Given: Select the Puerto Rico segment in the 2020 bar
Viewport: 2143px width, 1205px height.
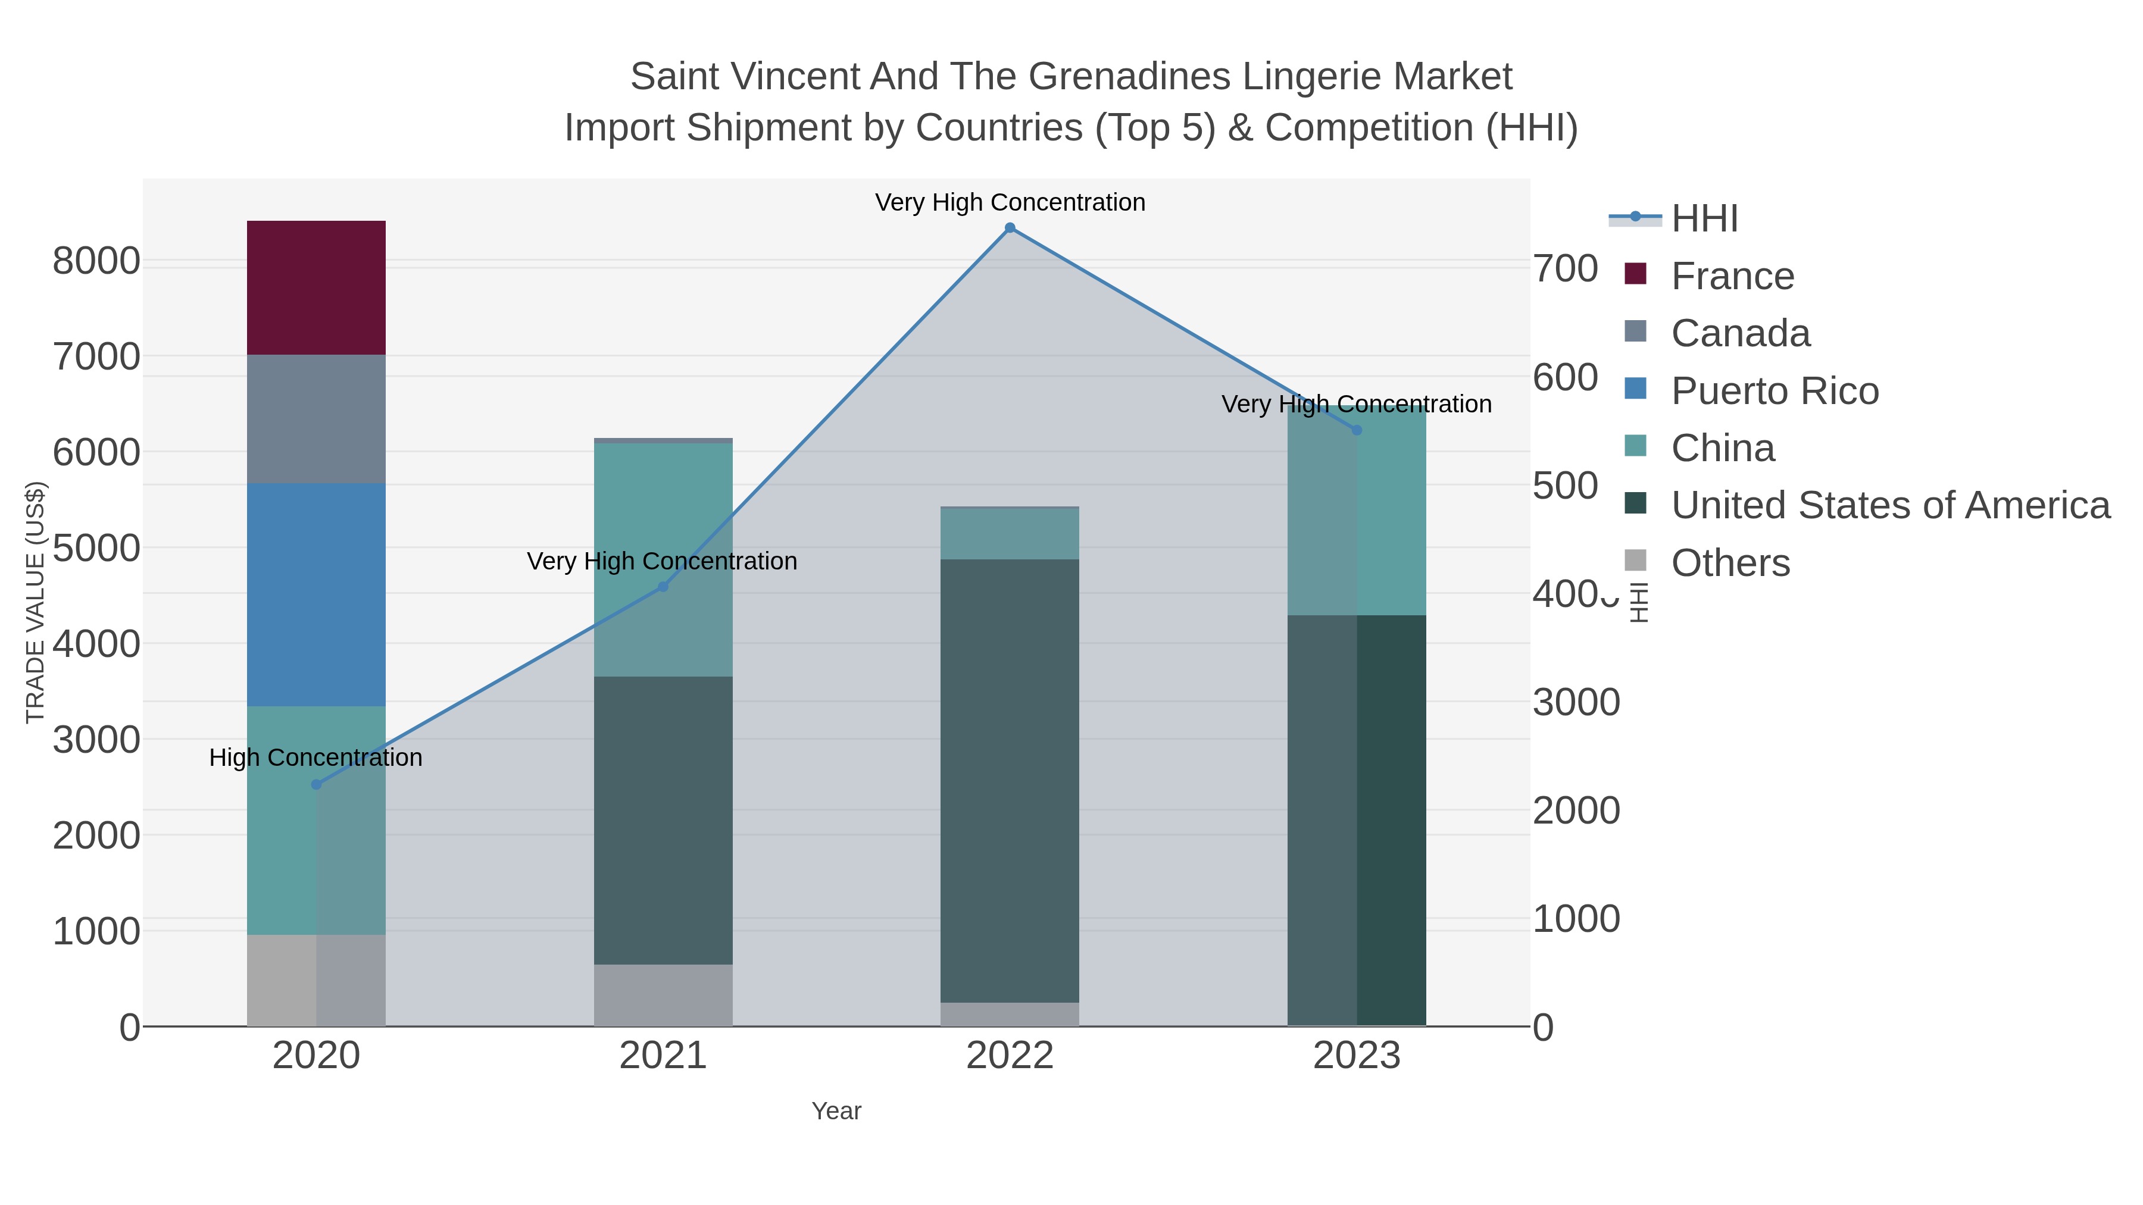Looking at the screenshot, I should [x=316, y=594].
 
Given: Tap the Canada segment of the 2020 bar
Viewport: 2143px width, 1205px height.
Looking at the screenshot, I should [x=316, y=418].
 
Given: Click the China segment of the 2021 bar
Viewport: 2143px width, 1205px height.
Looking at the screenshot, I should [x=663, y=559].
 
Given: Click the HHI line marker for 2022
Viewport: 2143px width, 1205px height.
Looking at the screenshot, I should [x=1009, y=228].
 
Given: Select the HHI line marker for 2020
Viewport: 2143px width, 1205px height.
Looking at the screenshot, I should [x=316, y=784].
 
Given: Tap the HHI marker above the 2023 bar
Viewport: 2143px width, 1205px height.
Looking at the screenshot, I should [x=1356, y=430].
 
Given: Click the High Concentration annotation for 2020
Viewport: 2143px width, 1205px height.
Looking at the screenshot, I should [x=316, y=758].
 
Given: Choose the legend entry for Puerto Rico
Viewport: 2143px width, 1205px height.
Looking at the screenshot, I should [x=1774, y=391].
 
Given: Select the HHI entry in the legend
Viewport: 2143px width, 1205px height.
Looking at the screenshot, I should [x=1704, y=219].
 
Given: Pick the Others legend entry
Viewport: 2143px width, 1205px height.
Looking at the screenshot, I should [x=1729, y=563].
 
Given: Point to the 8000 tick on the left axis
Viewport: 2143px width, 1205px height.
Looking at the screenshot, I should [x=96, y=261].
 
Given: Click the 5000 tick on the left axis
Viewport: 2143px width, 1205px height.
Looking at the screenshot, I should [x=96, y=548].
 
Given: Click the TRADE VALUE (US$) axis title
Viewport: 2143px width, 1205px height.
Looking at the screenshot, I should [x=35, y=602].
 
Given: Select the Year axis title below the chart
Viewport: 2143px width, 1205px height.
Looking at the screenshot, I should [x=836, y=1111].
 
